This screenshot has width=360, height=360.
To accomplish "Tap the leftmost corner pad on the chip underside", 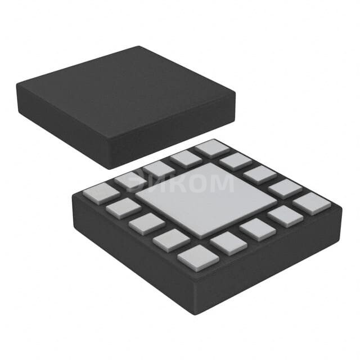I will point(101,193).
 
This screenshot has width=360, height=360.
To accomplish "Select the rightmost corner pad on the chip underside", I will point(312,203).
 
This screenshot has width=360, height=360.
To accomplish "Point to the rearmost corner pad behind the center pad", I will point(212,148).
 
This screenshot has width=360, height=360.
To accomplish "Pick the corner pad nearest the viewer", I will point(197,258).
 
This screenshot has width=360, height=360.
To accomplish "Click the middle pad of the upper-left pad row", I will point(158,169).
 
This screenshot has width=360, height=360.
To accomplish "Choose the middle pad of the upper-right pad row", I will point(260,174).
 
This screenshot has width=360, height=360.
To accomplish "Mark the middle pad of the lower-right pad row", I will point(257,229).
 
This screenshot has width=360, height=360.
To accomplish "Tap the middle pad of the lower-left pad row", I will point(146,223).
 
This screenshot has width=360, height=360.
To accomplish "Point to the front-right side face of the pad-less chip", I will point(174,135).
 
